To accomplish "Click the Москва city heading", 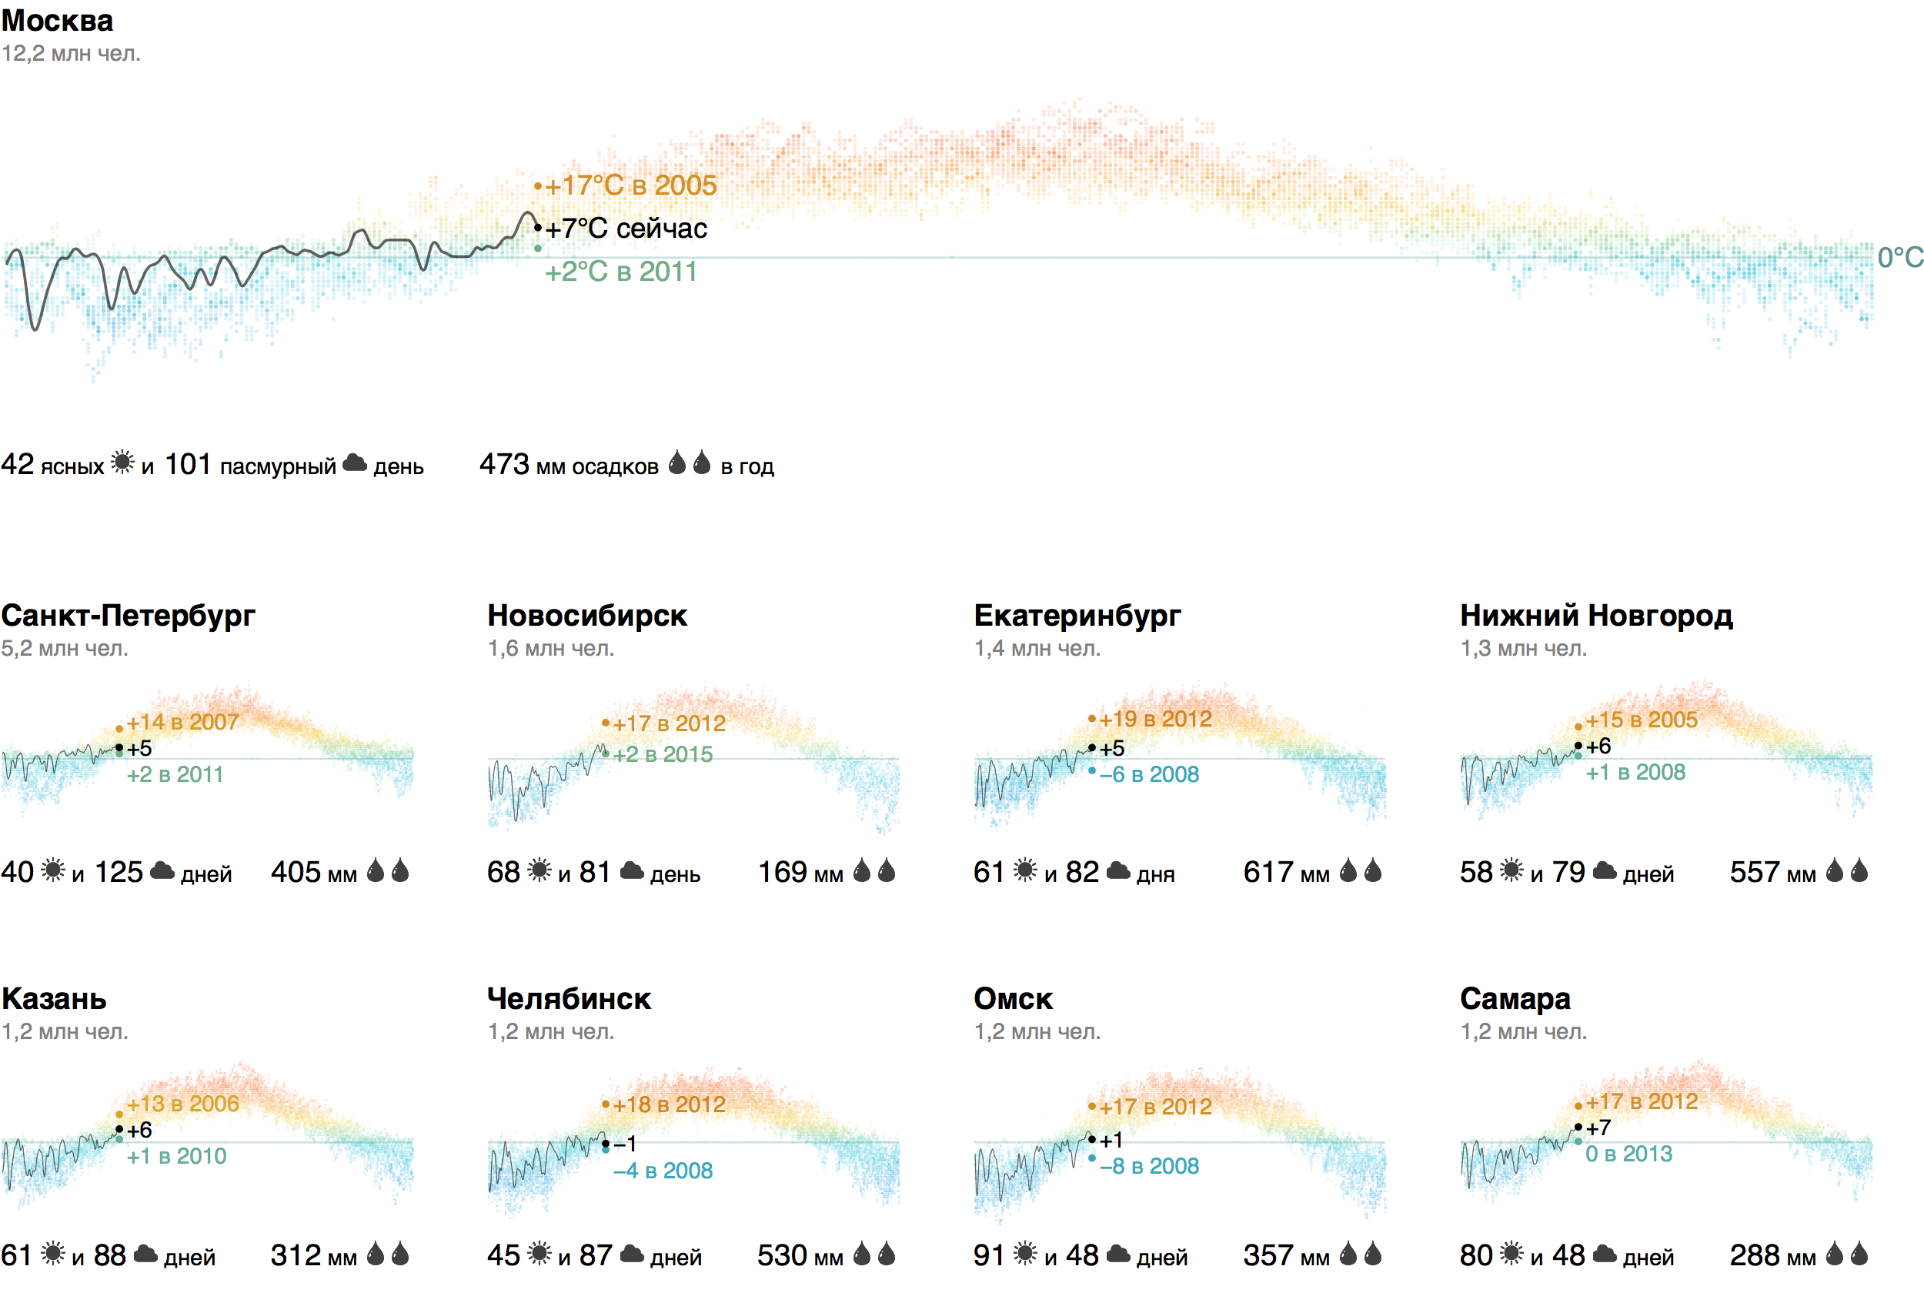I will [x=57, y=21].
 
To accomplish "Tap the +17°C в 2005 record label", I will [x=630, y=185].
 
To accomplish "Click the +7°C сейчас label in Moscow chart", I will [x=626, y=229].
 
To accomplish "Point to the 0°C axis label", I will [x=1899, y=258].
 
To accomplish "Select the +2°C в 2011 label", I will [x=621, y=272].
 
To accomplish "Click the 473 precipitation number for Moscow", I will [x=504, y=464].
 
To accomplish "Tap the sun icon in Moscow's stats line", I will [x=122, y=462].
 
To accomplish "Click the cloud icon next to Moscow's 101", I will [x=354, y=463].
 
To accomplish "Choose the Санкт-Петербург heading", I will [x=129, y=616].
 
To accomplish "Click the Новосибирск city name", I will [x=587, y=616].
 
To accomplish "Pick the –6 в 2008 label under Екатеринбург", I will [x=1149, y=775].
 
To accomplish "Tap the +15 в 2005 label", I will [x=1641, y=720].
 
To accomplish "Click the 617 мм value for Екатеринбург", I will [x=1286, y=873].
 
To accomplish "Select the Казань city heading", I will [x=55, y=999].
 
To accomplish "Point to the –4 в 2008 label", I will [x=663, y=1171].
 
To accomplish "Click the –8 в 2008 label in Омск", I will [x=1149, y=1167].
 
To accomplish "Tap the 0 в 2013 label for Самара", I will [x=1628, y=1154].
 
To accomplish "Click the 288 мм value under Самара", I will [x=1772, y=1256].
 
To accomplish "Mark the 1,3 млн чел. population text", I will [x=1523, y=648].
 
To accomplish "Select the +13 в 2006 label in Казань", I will [x=183, y=1104].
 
